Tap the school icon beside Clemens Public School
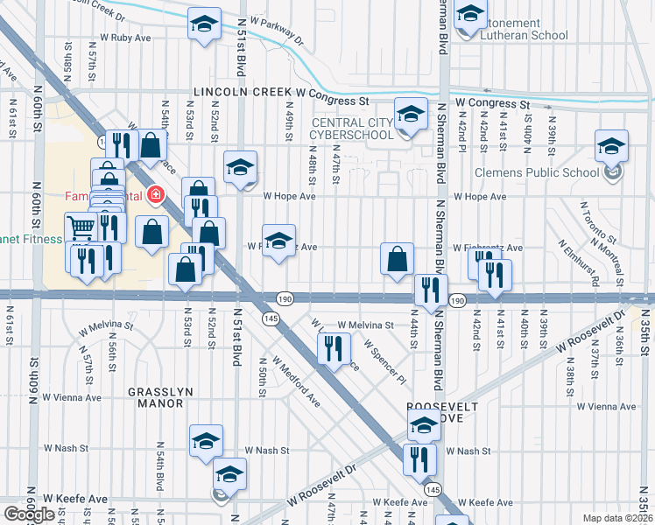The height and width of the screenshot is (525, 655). [x=611, y=144]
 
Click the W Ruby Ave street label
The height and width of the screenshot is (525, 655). [x=126, y=38]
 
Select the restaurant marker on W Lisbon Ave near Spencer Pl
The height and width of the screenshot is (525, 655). [x=333, y=347]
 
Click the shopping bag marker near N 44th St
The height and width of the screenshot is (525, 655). [x=398, y=258]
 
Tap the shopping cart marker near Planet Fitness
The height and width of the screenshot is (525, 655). [x=81, y=227]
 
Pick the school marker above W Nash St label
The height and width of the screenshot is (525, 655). [x=206, y=439]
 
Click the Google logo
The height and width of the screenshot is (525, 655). [x=29, y=514]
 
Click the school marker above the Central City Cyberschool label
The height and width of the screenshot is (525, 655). [x=409, y=113]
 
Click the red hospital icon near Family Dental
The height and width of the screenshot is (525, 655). [x=157, y=192]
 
